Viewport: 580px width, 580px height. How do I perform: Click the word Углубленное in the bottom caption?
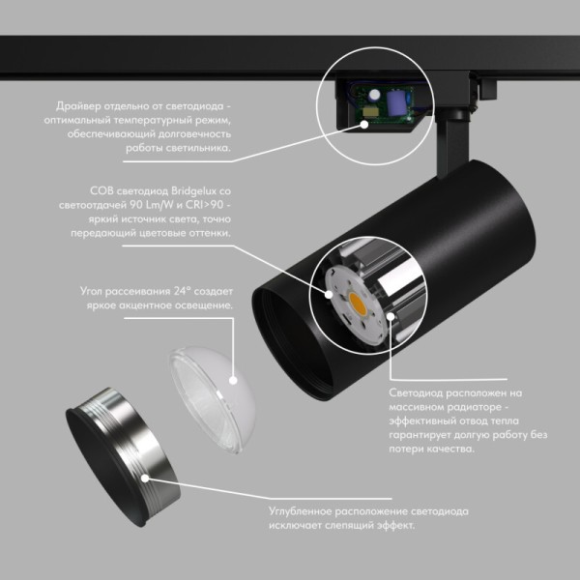pos(309,510)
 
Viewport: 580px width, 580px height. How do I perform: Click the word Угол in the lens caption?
pos(95,290)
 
